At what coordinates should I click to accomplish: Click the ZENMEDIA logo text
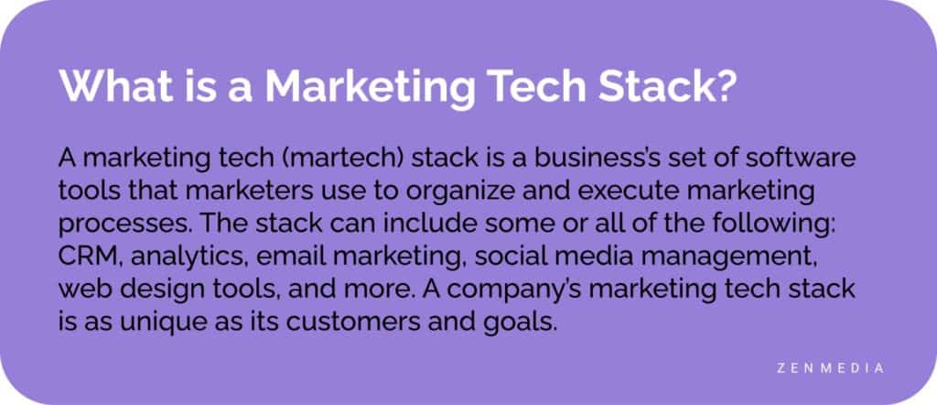point(827,367)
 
